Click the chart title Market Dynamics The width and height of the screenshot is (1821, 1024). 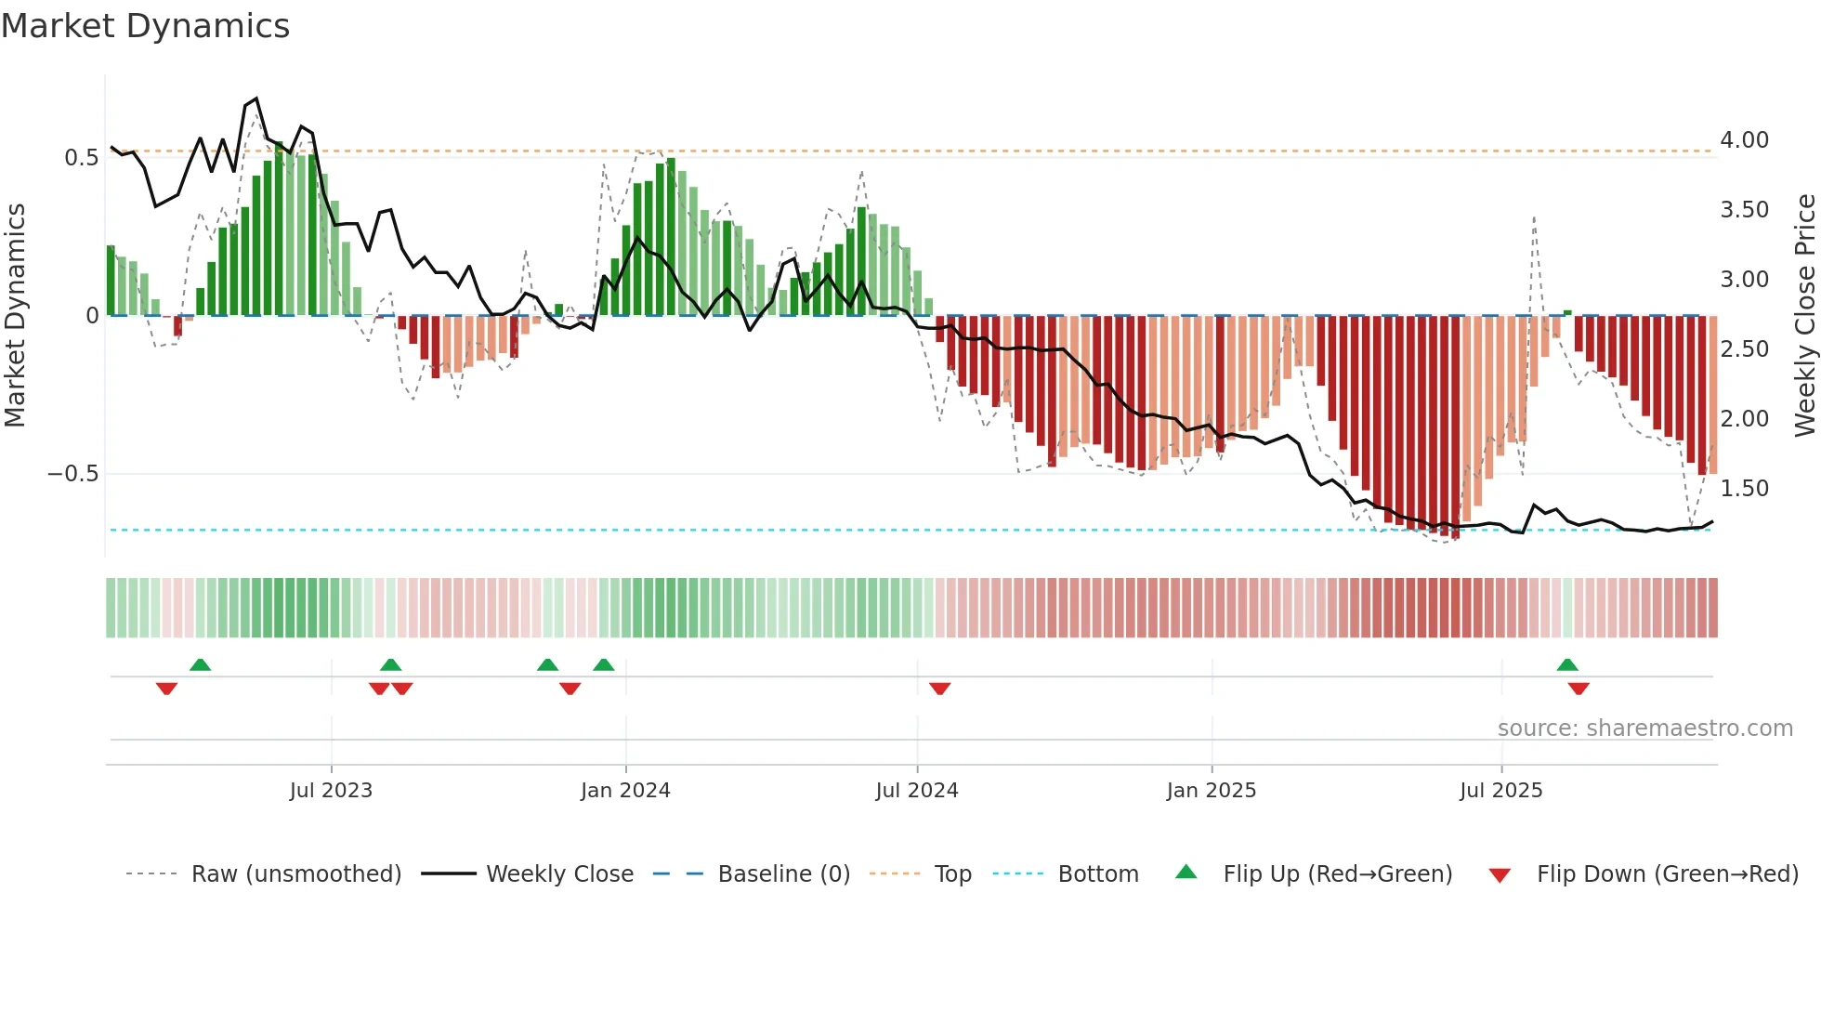coord(145,26)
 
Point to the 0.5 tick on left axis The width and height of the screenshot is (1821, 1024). coord(81,158)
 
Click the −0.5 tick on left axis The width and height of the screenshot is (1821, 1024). coord(72,474)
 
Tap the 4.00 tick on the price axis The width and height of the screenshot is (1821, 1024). coord(1744,140)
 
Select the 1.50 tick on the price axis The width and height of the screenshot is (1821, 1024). coord(1744,489)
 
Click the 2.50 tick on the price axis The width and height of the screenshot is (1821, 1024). coord(1744,349)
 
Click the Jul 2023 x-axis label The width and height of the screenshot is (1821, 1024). coord(331,791)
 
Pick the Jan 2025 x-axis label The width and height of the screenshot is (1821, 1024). coord(1212,791)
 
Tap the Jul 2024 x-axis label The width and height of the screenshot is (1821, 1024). coord(917,791)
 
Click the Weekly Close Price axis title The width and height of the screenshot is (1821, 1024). coord(1804,316)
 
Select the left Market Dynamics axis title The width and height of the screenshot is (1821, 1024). coord(15,316)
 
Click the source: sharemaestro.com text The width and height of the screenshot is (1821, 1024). coord(1644,729)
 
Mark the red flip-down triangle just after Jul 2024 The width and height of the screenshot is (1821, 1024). coord(939,689)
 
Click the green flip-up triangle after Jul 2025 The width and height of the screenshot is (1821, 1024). coord(1567,664)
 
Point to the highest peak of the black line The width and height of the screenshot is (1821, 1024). coord(256,98)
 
